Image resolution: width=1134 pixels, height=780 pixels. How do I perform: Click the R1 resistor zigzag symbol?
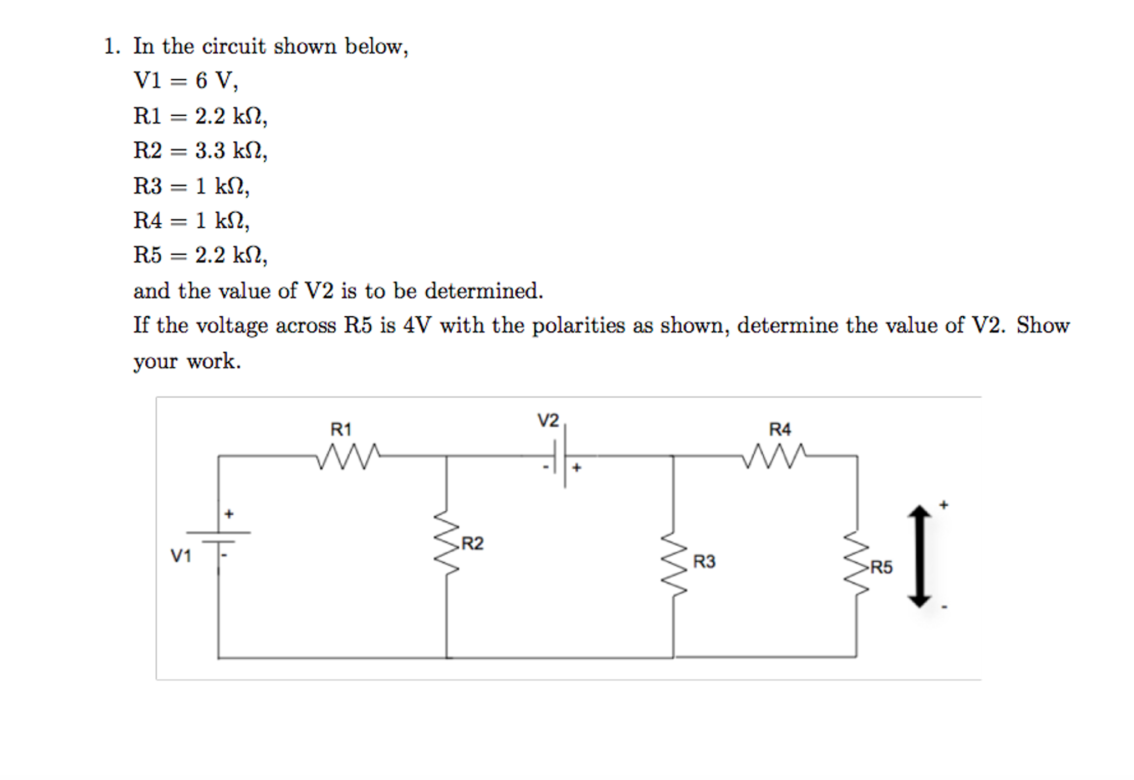(348, 456)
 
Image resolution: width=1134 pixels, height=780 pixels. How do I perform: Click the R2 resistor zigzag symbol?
(447, 543)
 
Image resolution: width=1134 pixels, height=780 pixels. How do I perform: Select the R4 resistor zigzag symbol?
(774, 456)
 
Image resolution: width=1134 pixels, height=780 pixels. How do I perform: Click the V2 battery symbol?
(560, 456)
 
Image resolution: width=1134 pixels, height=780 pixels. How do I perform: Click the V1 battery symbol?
(218, 536)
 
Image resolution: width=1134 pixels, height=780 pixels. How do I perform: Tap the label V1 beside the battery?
(181, 556)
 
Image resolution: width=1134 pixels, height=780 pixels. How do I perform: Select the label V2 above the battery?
(548, 420)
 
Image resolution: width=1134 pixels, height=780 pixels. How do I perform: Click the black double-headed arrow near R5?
(920, 556)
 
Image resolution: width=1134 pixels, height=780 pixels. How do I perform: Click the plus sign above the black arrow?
(944, 505)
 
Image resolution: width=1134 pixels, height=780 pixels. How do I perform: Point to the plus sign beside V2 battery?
(577, 468)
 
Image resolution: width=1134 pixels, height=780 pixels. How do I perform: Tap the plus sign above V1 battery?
(229, 514)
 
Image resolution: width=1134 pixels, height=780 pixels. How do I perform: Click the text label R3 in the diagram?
(704, 562)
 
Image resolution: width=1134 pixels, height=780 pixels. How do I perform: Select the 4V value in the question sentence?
(417, 325)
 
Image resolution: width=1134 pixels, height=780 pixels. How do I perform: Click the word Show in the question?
(1043, 325)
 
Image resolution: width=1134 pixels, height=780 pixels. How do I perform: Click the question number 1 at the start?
(110, 47)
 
